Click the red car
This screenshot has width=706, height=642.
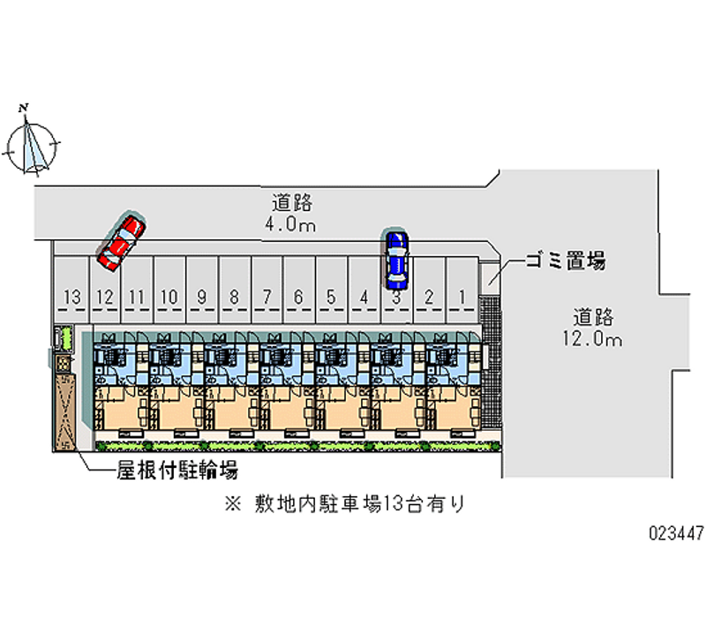[121, 243]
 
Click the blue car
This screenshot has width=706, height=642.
[396, 260]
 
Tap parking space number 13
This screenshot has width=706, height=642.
[71, 290]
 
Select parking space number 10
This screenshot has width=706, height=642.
[169, 290]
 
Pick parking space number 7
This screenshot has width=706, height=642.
[267, 290]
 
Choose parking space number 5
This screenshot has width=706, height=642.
[332, 290]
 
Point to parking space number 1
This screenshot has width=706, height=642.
[462, 290]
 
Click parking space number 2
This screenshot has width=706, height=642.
[429, 290]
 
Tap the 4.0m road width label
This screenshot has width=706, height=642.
[290, 224]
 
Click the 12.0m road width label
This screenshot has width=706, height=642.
[592, 338]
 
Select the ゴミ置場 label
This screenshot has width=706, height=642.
[566, 261]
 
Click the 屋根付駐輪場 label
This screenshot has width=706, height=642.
[177, 470]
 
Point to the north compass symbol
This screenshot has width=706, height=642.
[32, 145]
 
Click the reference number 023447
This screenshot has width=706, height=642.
[676, 533]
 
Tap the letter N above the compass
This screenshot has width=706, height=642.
[24, 108]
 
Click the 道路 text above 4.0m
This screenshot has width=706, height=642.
[292, 203]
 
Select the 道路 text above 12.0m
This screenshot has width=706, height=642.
[593, 317]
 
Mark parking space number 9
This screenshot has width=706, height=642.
[202, 290]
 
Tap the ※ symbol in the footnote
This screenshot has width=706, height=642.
[233, 503]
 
